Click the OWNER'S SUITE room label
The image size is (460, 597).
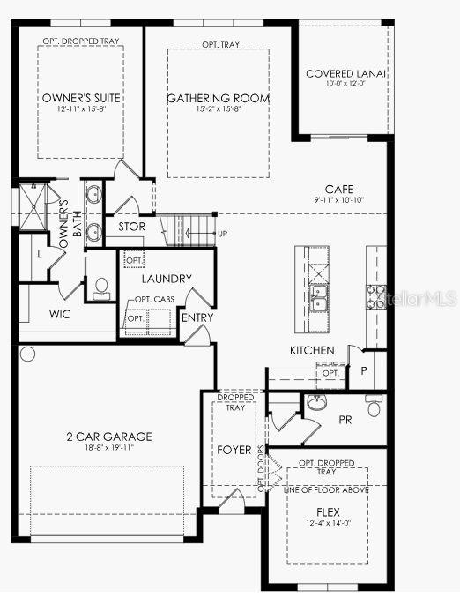click(x=81, y=97)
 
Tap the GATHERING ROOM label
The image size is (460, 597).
click(x=218, y=98)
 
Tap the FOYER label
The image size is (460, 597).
click(x=233, y=450)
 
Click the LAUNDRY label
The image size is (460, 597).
click(x=167, y=279)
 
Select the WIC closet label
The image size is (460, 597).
click(x=60, y=315)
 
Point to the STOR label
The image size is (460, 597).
click(x=132, y=227)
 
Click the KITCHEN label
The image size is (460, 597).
click(x=312, y=351)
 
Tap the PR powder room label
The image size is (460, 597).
click(x=345, y=420)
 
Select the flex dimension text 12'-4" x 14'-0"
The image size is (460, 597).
click(x=327, y=523)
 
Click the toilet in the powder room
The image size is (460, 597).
click(x=374, y=408)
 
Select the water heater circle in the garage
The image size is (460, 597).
click(x=27, y=354)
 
